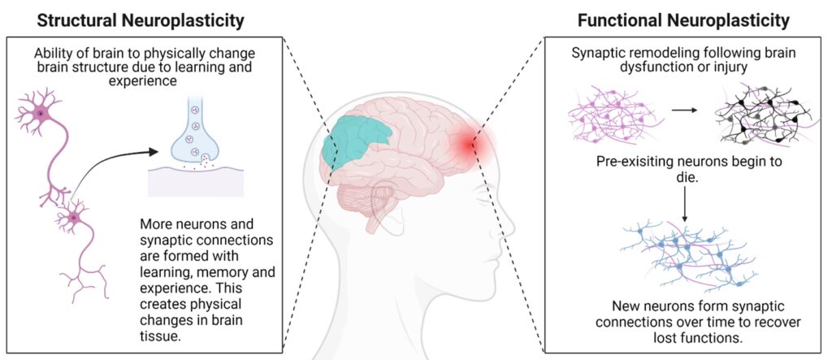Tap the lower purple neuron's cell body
(75, 217)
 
